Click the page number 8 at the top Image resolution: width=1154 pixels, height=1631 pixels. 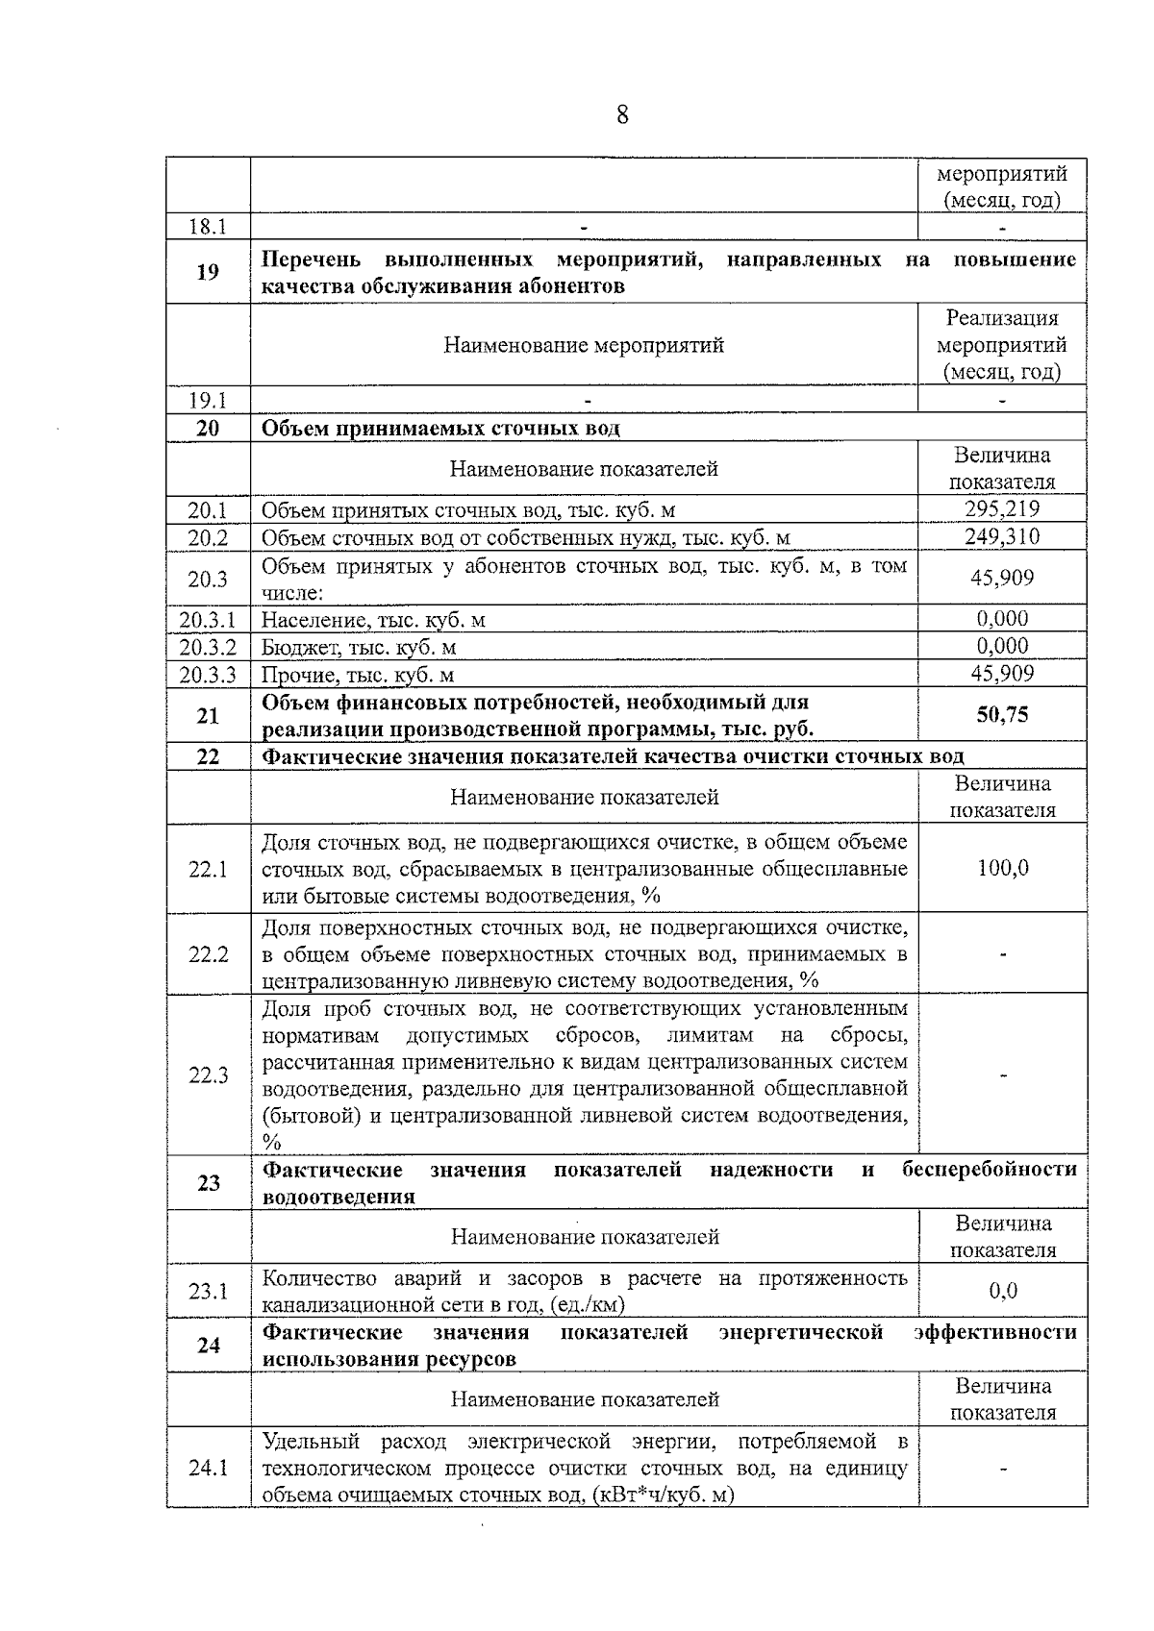[622, 116]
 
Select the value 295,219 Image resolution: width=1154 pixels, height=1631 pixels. [1002, 509]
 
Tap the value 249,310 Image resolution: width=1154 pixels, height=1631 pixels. [1002, 536]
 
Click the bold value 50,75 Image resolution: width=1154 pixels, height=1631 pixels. [1002, 715]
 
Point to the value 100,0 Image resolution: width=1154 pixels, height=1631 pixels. [1002, 868]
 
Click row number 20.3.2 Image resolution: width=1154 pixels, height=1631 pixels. [208, 647]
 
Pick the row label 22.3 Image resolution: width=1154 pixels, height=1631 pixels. [208, 1075]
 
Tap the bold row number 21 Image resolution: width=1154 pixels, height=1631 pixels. [208, 716]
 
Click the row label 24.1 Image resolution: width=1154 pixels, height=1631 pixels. [208, 1469]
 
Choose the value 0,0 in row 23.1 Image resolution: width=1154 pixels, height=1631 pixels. [1002, 1291]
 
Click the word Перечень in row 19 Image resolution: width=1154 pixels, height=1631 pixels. [312, 260]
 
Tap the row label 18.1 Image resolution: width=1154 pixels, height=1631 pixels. [208, 227]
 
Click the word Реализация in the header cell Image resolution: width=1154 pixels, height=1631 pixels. [1002, 318]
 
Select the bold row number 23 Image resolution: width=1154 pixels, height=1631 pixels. [208, 1183]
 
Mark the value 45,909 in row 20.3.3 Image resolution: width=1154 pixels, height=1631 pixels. [1002, 674]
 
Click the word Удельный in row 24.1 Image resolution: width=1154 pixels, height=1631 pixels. [311, 1442]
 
